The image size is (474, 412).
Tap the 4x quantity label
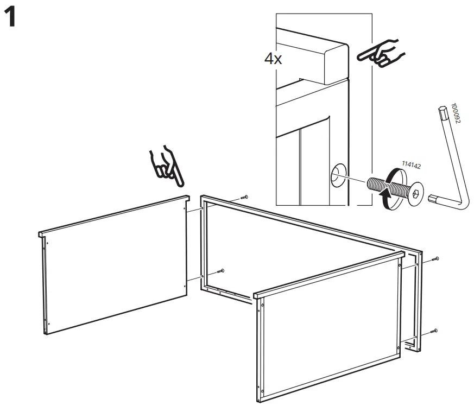pyautogui.click(x=273, y=59)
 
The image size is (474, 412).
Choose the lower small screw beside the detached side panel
pyautogui.click(x=221, y=270)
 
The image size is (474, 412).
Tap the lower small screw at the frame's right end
pyautogui.click(x=435, y=330)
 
